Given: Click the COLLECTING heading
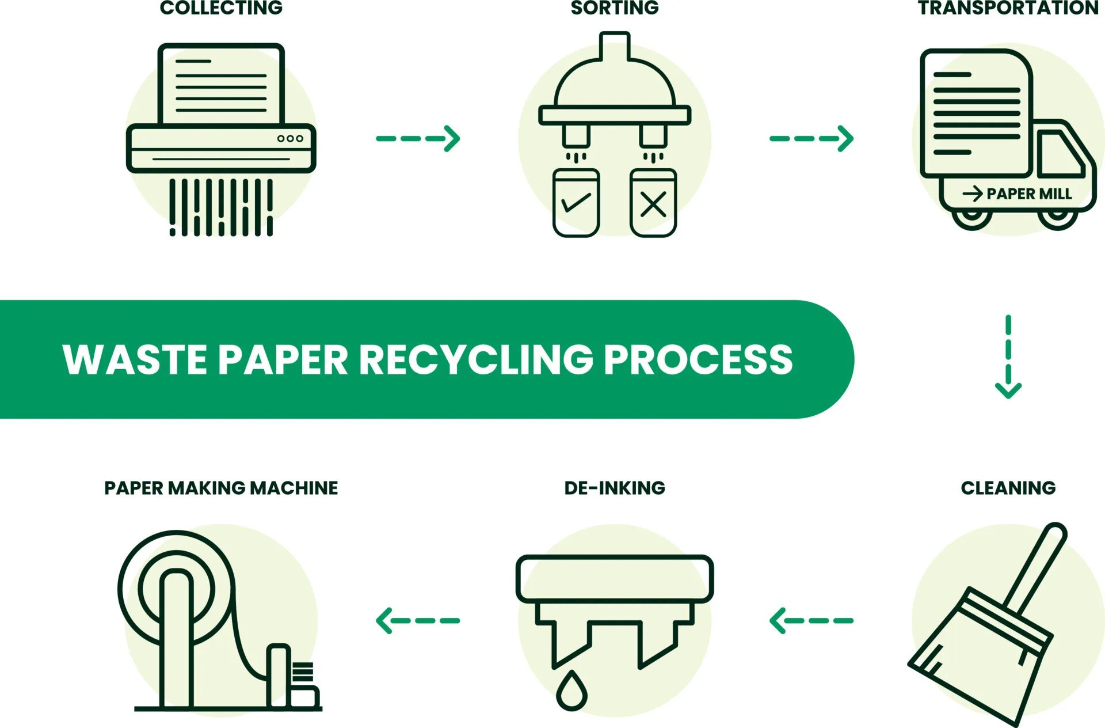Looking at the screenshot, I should click(221, 8).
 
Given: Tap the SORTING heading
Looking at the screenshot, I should click(614, 8).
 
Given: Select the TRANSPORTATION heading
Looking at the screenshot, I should click(1008, 8).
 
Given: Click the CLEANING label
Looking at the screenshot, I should click(1008, 488).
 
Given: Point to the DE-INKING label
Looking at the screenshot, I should click(614, 488).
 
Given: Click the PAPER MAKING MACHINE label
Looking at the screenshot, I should click(221, 488).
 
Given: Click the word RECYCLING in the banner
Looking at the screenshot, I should click(476, 359).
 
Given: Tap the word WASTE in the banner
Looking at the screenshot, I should click(135, 359).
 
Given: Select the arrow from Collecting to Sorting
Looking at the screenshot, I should click(418, 138).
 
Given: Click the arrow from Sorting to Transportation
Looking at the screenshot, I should click(811, 138).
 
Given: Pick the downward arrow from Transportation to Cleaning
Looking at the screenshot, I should click(1008, 357).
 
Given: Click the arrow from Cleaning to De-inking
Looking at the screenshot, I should click(811, 620).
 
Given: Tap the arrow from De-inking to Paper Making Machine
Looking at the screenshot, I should click(418, 620).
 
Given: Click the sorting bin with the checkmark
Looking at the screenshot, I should click(576, 203).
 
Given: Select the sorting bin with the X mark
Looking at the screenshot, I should click(653, 203).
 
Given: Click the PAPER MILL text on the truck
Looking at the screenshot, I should click(1028, 194).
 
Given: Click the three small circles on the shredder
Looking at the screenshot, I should click(290, 138).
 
